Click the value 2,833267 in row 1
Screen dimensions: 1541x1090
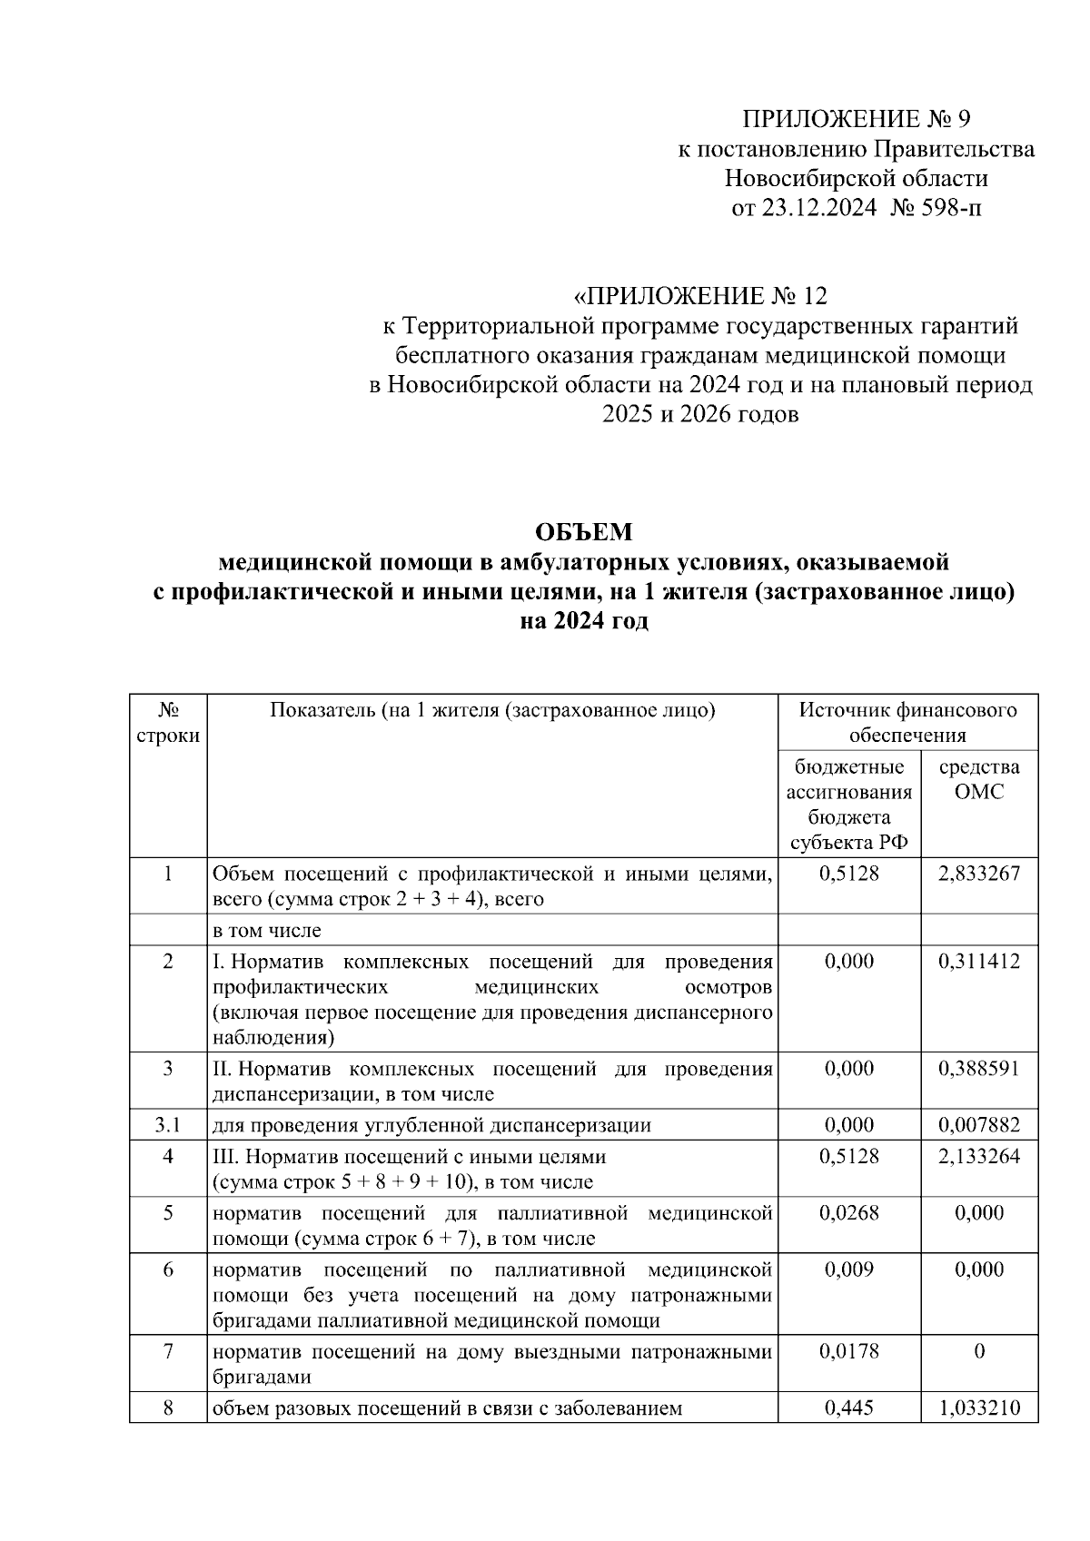[979, 874]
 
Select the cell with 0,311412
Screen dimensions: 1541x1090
[979, 961]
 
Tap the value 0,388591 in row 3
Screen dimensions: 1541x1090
[979, 1068]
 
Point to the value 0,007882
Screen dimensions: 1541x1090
[979, 1125]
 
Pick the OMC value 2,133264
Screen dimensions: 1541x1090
[979, 1156]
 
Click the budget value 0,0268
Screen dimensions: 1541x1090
[849, 1212]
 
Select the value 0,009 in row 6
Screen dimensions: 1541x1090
[849, 1269]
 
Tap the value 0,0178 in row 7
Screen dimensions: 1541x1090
[849, 1351]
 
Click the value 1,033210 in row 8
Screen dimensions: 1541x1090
[979, 1408]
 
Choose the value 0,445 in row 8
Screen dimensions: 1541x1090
[849, 1408]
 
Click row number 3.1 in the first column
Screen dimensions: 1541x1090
[167, 1125]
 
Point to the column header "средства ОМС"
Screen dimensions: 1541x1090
[979, 779]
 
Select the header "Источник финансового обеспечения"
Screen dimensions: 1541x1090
[907, 723]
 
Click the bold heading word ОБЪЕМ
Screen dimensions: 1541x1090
[583, 531]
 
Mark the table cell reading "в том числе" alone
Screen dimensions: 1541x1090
[267, 930]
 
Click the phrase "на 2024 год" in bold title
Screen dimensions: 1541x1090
[583, 622]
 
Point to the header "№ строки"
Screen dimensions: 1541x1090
[167, 723]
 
